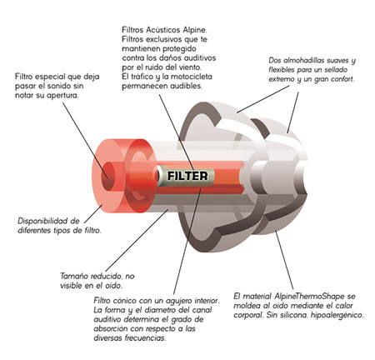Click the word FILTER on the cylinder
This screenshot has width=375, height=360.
pos(187,176)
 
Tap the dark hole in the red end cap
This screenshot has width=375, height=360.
pos(108,176)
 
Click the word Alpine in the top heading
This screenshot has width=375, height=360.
pos(195,30)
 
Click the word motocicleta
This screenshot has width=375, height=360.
pos(192,77)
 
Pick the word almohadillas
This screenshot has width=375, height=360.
pos(306,60)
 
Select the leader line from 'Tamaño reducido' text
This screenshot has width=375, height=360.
pos(137,241)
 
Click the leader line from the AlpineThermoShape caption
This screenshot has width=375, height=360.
pos(284,260)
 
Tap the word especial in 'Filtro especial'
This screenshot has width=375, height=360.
pos(49,77)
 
